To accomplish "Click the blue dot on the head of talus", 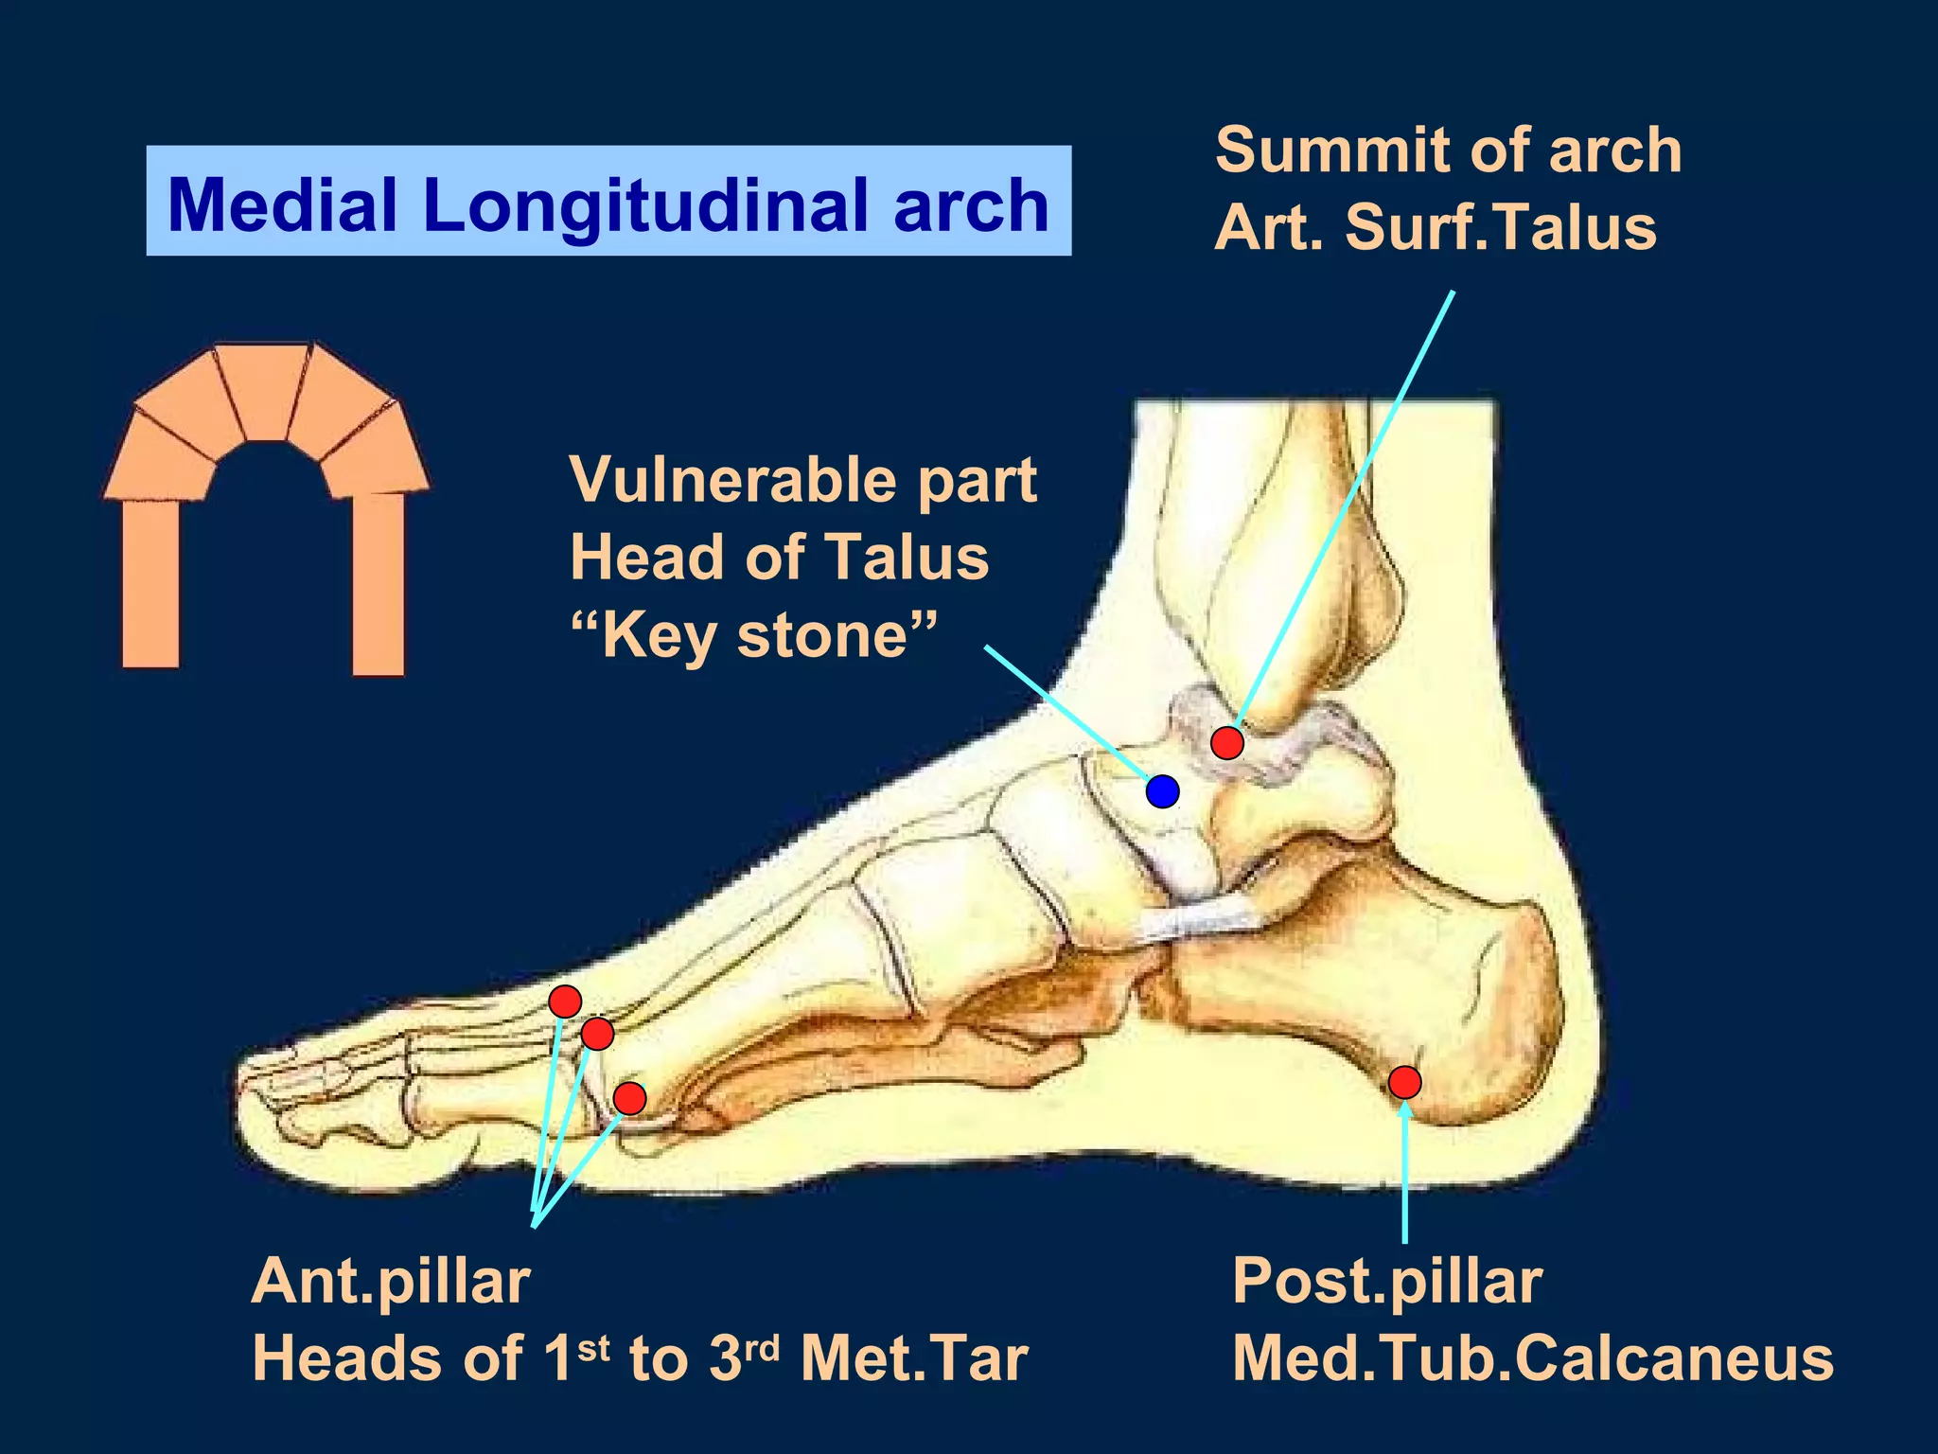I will (1162, 790).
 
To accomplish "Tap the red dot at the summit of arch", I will (1226, 742).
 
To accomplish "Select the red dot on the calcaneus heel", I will (1404, 1081).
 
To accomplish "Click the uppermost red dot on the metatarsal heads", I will (565, 1001).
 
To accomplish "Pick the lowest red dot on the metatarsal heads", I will (629, 1098).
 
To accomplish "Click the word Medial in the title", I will (282, 204).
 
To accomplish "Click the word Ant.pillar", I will (391, 1282).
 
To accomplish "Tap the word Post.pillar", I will (1386, 1282).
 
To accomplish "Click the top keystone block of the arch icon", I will (264, 390).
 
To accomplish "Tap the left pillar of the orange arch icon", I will (150, 582).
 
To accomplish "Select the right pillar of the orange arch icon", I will (379, 584).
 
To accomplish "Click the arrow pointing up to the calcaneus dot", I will (1405, 1174).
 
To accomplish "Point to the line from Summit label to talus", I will (1344, 511).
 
